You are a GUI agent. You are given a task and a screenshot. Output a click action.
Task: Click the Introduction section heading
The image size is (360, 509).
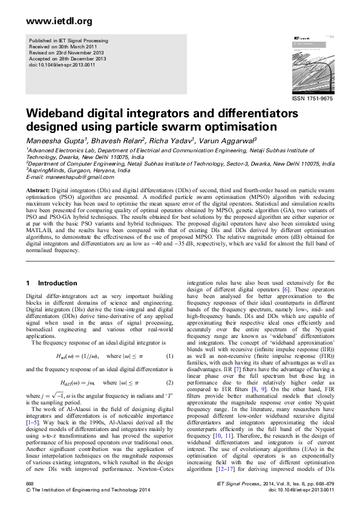pyautogui.click(x=57, y=283)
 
